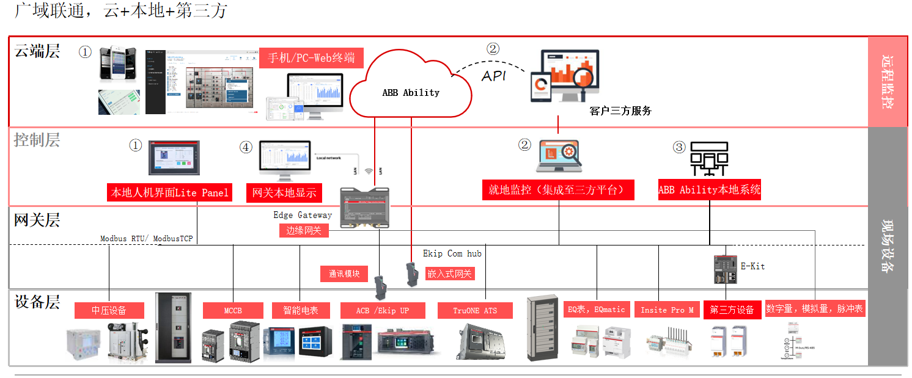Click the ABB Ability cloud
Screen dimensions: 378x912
coord(411,92)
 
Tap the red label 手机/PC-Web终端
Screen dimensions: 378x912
coord(311,58)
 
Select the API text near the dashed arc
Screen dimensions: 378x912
coord(494,76)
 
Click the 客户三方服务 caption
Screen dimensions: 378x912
coord(620,111)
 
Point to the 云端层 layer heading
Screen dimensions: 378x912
coord(37,51)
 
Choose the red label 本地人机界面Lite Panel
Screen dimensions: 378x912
coord(169,192)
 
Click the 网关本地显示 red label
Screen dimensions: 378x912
coord(284,192)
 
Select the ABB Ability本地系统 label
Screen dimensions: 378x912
coord(710,189)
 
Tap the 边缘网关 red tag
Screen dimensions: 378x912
coord(304,230)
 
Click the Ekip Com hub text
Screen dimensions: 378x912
coord(452,253)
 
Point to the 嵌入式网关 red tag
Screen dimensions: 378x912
coord(450,274)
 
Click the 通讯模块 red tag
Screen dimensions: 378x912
coord(344,274)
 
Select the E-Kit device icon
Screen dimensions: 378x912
coord(725,269)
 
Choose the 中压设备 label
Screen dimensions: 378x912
coord(109,310)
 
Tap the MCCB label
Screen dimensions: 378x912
coord(233,310)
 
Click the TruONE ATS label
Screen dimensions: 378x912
coord(475,310)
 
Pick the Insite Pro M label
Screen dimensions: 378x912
coord(667,310)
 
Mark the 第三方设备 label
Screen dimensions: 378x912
coord(732,310)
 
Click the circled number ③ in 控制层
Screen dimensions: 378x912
coord(679,147)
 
